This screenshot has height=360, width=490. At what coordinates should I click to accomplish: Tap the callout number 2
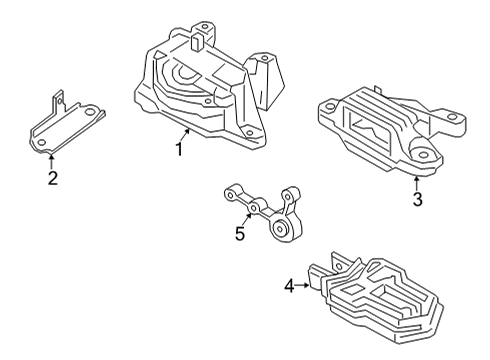point(52,179)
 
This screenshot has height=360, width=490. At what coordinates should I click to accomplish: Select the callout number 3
point(417,200)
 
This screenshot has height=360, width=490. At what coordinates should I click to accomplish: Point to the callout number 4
point(289,286)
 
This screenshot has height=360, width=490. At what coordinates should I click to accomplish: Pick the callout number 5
point(239,234)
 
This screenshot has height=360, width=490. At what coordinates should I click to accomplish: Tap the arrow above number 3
point(417,182)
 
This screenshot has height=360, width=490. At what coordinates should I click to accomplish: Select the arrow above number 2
point(52,162)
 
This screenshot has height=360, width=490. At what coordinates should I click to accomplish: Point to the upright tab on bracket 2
point(57,99)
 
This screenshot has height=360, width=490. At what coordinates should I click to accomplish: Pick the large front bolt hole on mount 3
point(420,158)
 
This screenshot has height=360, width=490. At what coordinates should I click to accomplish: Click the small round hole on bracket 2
point(46,142)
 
